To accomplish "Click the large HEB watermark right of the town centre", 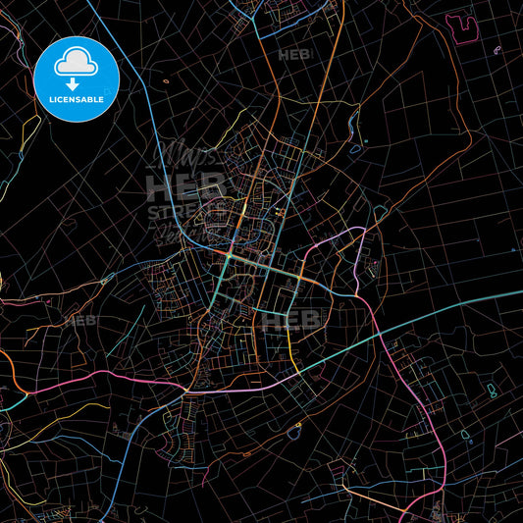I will pyautogui.click(x=287, y=319).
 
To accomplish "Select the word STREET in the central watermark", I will pyautogui.click(x=177, y=210).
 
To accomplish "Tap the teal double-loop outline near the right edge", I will pyautogui.click(x=491, y=392).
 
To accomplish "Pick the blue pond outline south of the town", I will pyautogui.click(x=293, y=429).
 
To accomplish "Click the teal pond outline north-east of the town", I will pyautogui.click(x=378, y=212).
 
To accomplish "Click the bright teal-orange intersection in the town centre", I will pyautogui.click(x=229, y=254).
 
